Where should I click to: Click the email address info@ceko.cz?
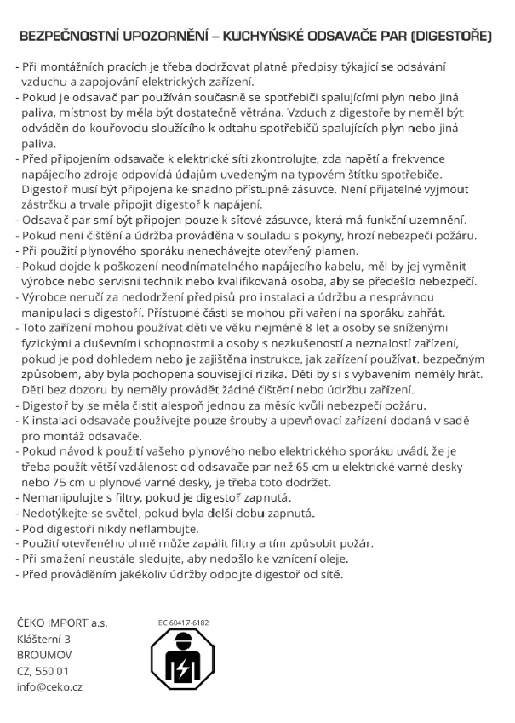[49, 686]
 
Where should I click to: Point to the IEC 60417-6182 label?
[182, 623]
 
